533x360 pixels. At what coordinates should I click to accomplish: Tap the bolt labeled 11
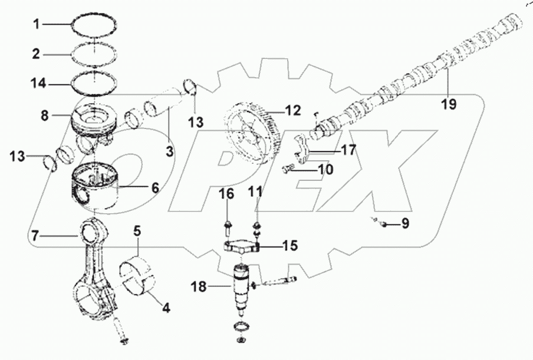[257, 226]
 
